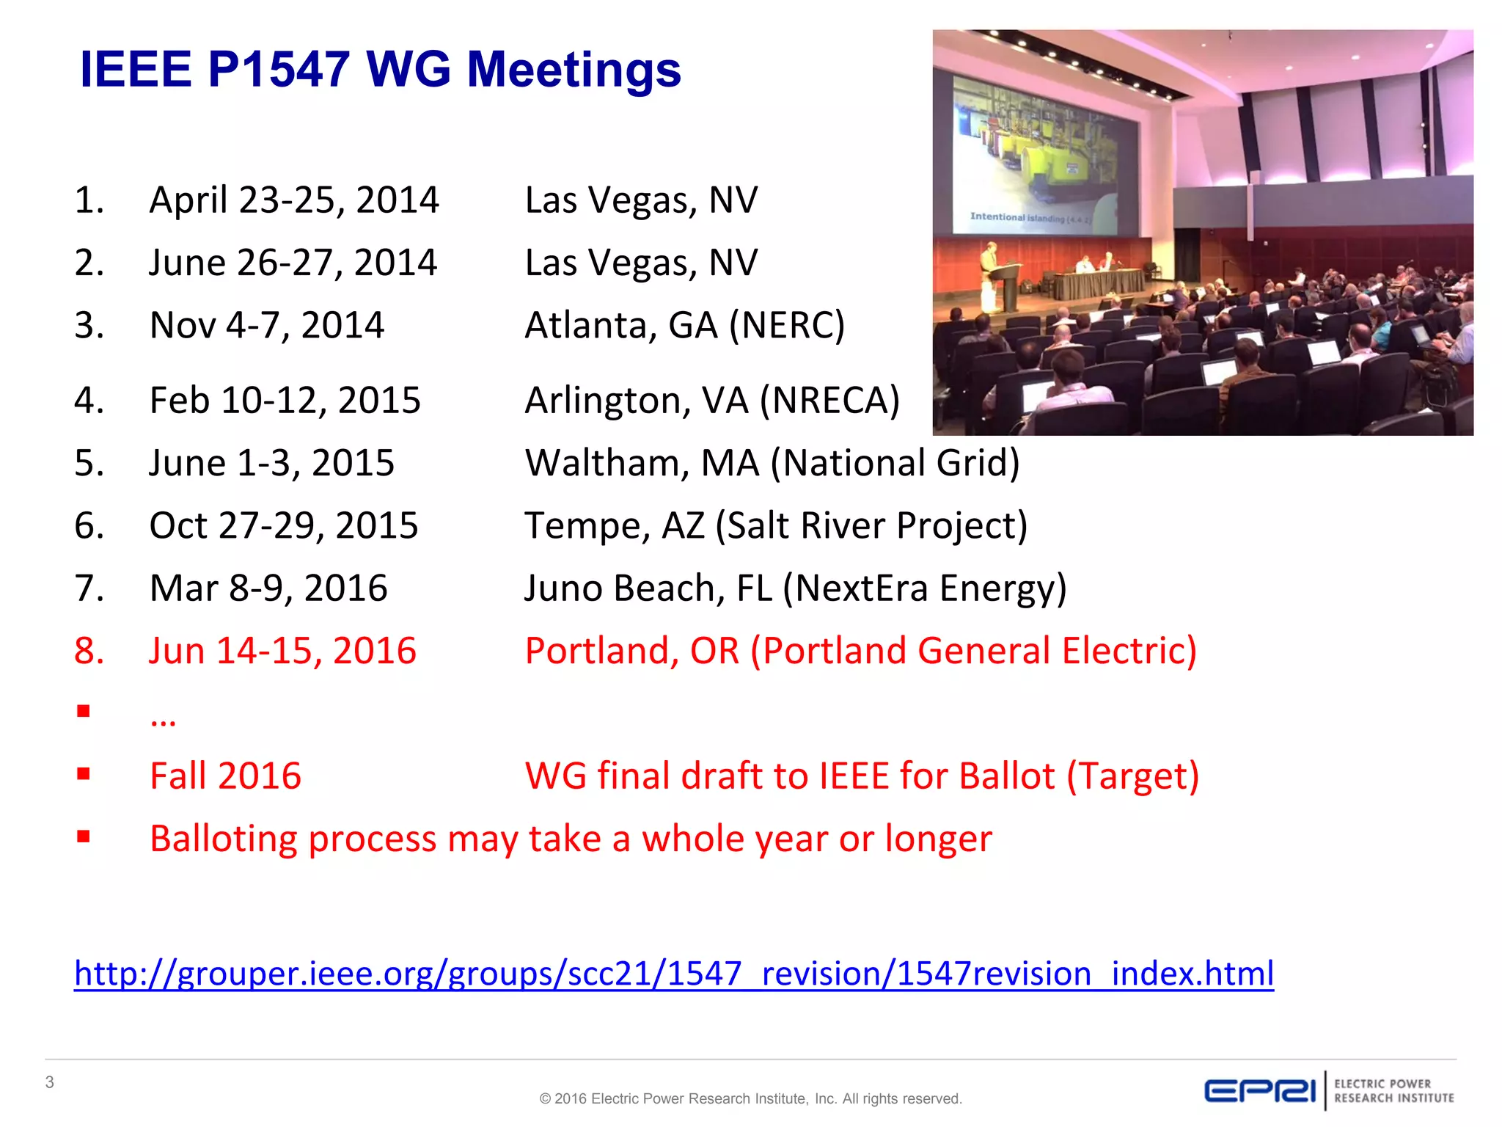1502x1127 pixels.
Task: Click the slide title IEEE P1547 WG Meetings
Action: pyautogui.click(x=380, y=70)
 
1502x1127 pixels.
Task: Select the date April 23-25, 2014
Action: pyautogui.click(x=293, y=200)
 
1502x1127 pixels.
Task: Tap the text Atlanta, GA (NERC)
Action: pyautogui.click(x=684, y=325)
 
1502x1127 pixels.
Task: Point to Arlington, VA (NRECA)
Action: pyautogui.click(x=711, y=401)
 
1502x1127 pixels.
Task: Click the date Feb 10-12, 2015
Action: pyautogui.click(x=285, y=401)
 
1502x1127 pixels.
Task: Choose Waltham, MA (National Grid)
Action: pyautogui.click(x=772, y=463)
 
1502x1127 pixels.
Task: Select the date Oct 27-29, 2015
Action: pyautogui.click(x=283, y=525)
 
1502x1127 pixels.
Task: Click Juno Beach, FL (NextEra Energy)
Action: pyautogui.click(x=795, y=588)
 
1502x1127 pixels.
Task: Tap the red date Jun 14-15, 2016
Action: pyautogui.click(x=282, y=651)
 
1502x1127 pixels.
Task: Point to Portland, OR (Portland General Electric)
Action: pyautogui.click(x=860, y=651)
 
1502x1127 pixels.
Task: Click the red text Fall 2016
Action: pyautogui.click(x=225, y=776)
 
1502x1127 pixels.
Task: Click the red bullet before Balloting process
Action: pyautogui.click(x=84, y=836)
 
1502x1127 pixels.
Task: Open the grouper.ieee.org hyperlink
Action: pyautogui.click(x=673, y=974)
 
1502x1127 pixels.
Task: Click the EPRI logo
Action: pyautogui.click(x=1260, y=1091)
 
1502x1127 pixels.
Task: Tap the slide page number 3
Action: pyautogui.click(x=50, y=1082)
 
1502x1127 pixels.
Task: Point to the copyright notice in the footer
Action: pyautogui.click(x=750, y=1098)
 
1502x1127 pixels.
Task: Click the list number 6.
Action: pyautogui.click(x=89, y=525)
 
